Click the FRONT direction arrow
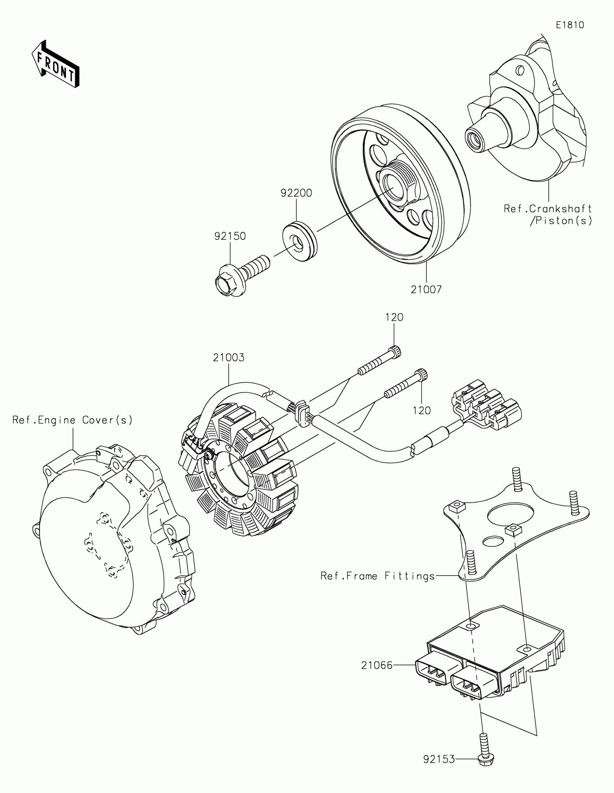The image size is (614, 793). tap(56, 64)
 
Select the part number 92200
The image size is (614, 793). tap(296, 193)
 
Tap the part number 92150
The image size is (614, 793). tap(230, 237)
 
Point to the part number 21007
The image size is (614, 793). tap(426, 290)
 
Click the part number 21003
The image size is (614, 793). tap(228, 357)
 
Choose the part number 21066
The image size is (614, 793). tap(377, 666)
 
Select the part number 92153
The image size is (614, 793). tap(439, 759)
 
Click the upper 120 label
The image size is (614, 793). tap(394, 317)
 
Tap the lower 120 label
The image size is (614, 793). tap(421, 411)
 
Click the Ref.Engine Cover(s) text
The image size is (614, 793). tap(73, 420)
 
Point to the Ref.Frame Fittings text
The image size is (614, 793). tap(378, 576)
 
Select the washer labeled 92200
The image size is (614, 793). tap(299, 241)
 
